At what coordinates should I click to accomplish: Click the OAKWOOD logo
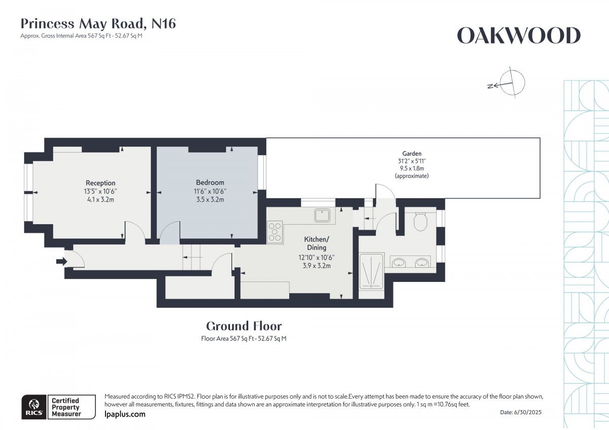[x=518, y=36]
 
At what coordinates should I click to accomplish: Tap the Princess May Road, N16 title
[x=98, y=23]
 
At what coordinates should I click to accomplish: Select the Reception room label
[x=100, y=183]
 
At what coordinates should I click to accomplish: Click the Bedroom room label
[x=210, y=183]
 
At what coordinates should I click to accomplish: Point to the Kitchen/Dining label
[x=317, y=243]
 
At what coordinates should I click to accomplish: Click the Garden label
[x=412, y=154]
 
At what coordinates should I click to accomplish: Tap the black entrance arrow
[x=61, y=262]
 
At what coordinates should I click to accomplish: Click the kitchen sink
[x=323, y=216]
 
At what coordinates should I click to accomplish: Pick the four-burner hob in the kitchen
[x=276, y=232]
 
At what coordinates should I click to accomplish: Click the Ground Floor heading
[x=244, y=326]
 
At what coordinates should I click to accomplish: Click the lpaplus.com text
[x=124, y=414]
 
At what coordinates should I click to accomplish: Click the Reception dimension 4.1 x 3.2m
[x=100, y=199]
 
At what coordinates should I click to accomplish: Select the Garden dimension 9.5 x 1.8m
[x=412, y=168]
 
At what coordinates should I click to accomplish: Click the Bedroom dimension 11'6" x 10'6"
[x=210, y=191]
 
